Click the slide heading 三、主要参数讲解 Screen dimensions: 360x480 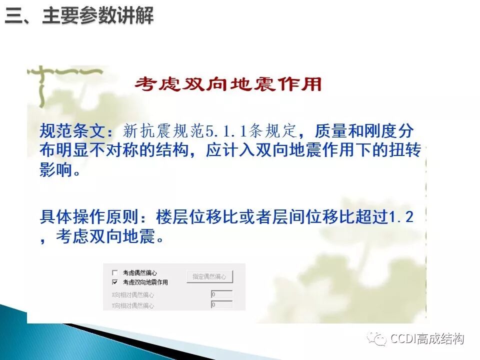point(79,16)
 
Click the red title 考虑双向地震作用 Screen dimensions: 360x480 point(227,84)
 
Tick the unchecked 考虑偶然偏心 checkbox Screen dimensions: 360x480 point(115,273)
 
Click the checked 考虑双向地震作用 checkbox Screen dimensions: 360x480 point(115,282)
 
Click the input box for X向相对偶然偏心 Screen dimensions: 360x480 point(221,294)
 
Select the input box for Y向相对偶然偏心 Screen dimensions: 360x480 point(221,304)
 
